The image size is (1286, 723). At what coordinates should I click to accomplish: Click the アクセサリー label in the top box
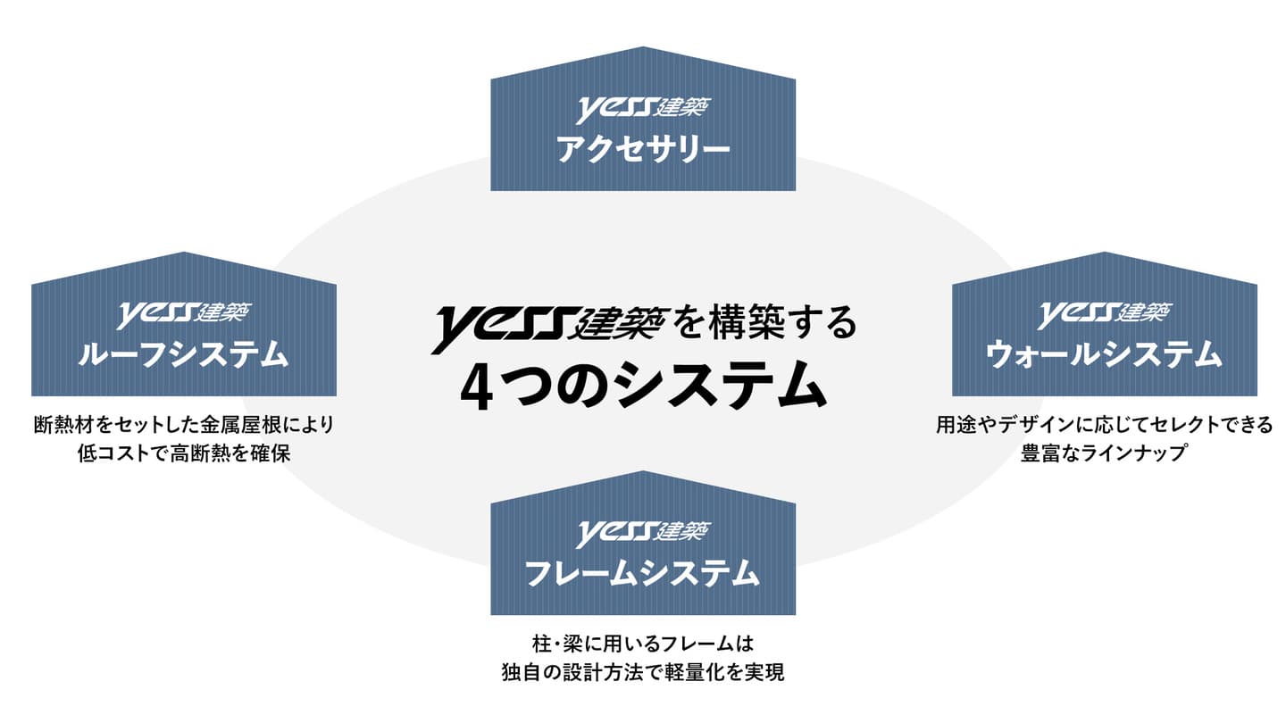tap(643, 149)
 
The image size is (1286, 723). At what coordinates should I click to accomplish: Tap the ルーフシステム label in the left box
tap(183, 354)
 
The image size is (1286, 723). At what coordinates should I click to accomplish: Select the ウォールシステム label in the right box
tap(1104, 354)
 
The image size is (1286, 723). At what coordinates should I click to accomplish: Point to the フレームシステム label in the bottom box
tap(642, 573)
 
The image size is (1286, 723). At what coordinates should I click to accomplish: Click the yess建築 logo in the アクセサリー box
tap(643, 109)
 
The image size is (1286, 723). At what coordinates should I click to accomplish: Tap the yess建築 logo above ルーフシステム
tap(184, 314)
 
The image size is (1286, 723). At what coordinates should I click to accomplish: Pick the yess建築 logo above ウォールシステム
tap(1104, 314)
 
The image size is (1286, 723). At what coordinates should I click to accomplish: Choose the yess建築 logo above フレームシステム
tap(643, 533)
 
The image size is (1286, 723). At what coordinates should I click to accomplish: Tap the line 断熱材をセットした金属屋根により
tap(184, 425)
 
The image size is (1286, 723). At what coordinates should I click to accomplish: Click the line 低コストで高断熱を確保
tap(184, 453)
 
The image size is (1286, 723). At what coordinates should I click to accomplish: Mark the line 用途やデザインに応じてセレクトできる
tap(1104, 425)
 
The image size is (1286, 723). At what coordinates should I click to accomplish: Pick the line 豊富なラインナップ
tap(1104, 453)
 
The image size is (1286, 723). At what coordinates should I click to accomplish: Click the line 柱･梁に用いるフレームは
tap(643, 644)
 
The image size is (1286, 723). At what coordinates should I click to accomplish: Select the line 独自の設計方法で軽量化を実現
tap(643, 672)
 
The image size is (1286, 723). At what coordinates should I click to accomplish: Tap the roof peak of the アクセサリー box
tap(643, 47)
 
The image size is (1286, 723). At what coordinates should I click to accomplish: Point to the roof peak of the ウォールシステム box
tap(1105, 253)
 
